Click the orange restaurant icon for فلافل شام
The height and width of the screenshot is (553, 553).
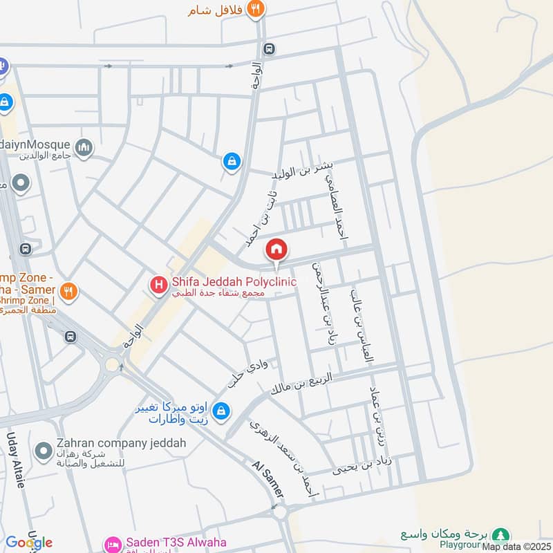point(256,10)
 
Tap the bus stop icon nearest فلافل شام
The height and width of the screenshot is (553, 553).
point(268,49)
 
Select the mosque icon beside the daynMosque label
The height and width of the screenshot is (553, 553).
point(84,148)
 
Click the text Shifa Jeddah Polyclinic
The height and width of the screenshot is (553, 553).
point(233,282)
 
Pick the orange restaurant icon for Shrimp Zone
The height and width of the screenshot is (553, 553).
point(68,291)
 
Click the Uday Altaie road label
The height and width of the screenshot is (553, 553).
point(15,459)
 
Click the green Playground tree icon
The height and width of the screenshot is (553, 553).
point(501,534)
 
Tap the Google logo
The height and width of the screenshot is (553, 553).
point(29,543)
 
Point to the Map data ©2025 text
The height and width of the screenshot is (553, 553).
point(516,547)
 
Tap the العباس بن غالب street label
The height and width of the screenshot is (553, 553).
point(362,326)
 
